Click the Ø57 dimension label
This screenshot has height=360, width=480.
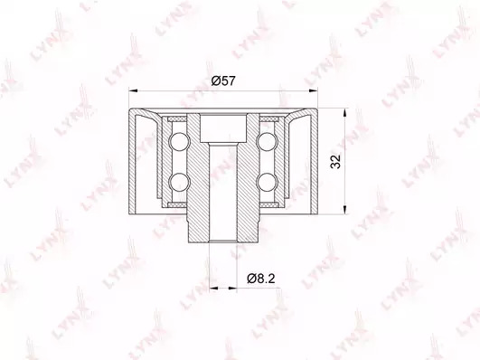223,81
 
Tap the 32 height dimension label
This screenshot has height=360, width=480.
335,161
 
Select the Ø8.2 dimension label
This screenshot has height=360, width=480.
261,279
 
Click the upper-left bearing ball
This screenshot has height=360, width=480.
180,142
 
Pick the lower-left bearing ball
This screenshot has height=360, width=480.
180,182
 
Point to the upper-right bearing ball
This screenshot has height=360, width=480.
266,142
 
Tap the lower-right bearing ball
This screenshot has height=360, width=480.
266,182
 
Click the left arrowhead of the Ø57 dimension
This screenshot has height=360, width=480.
133,90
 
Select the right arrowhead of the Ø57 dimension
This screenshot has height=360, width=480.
314,90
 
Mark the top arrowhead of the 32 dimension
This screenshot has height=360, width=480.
345,112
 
